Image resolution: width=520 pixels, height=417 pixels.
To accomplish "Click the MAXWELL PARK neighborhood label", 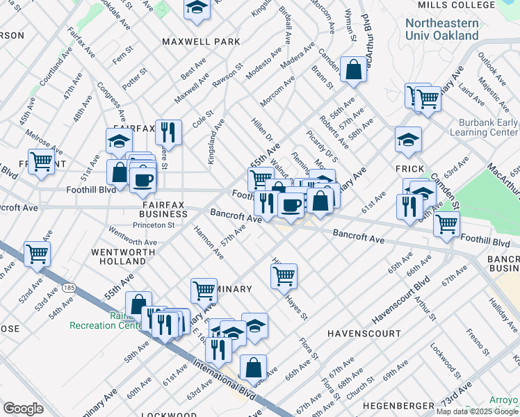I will [x=201, y=42].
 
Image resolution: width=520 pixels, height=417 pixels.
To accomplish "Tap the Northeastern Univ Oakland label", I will [x=442, y=29].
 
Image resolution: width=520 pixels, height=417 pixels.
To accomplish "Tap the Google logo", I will [x=23, y=409].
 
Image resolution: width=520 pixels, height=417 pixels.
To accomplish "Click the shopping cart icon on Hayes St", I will [x=284, y=276].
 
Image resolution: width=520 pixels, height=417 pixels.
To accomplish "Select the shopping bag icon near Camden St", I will [x=354, y=69].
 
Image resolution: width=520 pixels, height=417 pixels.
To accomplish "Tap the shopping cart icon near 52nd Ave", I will [x=37, y=254].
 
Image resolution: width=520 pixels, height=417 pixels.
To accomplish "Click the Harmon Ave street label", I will [x=209, y=242].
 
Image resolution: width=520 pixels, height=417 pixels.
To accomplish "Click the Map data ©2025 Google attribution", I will [x=478, y=411].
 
